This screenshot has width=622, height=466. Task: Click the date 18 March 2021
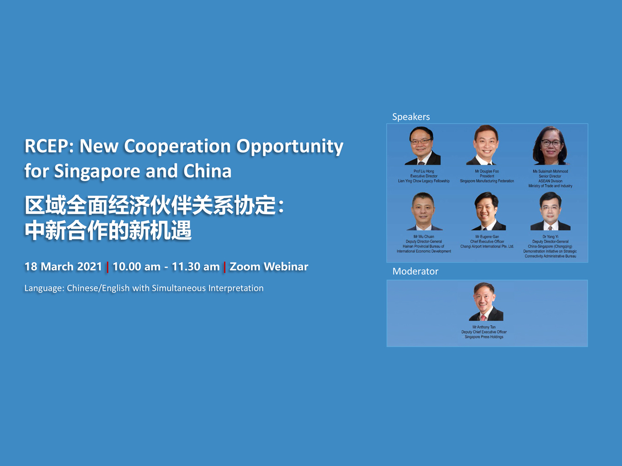[63, 266]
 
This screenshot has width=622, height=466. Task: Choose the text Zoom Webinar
[269, 266]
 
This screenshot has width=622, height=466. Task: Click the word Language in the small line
[44, 288]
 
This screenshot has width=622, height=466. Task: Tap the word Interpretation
[236, 288]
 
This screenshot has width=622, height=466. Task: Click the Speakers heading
[411, 117]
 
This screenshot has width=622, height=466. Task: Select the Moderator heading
[415, 272]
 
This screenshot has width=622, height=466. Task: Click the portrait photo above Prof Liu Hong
[423, 146]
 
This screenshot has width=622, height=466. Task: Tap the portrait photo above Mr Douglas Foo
[486, 145]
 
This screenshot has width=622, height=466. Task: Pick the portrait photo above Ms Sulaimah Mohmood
[550, 146]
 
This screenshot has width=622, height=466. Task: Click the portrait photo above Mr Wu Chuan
[424, 212]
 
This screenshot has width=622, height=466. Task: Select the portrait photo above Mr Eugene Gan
[487, 212]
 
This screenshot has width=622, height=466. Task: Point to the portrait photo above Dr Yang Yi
[550, 212]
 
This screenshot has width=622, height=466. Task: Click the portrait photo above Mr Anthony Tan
[484, 302]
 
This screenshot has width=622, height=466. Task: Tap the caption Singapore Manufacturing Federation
[487, 181]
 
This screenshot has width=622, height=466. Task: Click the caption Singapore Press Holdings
[484, 337]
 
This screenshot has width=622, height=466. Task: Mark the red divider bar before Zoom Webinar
[225, 267]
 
